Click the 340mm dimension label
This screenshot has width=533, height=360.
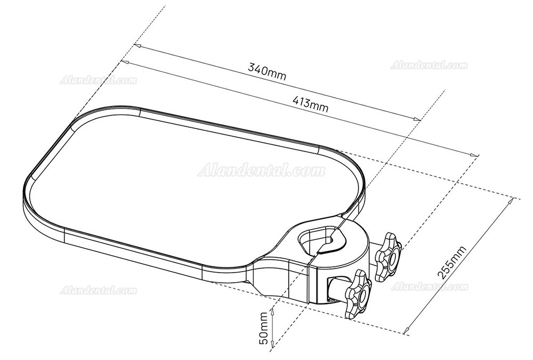pos(267,72)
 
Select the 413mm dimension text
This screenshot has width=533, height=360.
pos(310,103)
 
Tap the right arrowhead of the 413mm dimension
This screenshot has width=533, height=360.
pos(474,154)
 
